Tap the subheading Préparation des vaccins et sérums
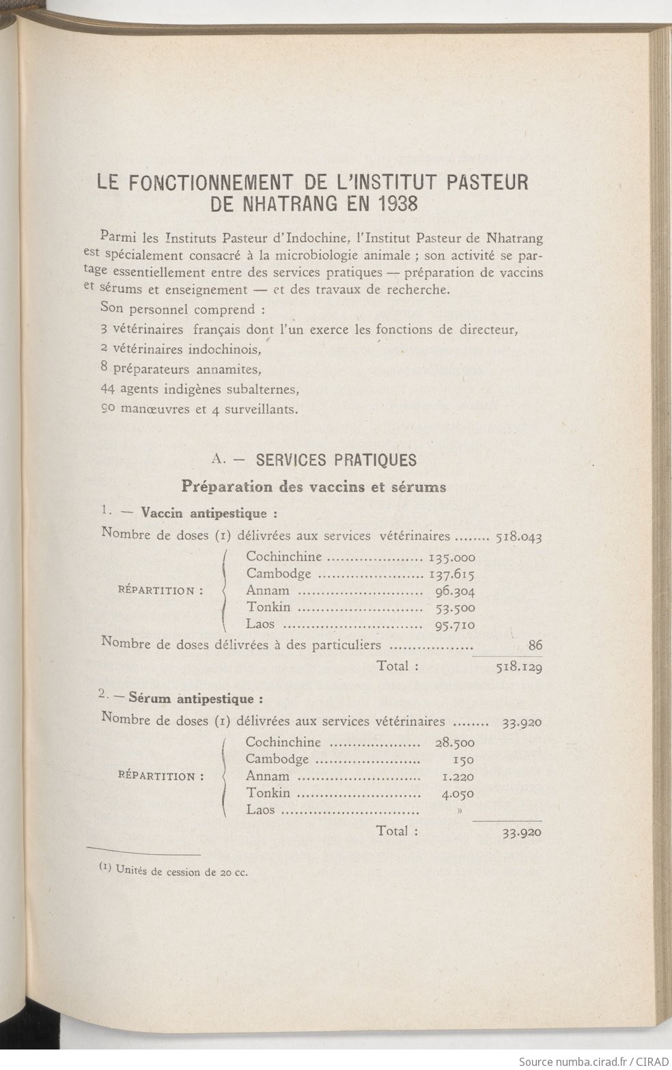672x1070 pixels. click(313, 487)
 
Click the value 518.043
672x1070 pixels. click(518, 537)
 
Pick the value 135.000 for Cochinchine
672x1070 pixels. click(451, 558)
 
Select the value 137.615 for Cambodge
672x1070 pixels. click(451, 575)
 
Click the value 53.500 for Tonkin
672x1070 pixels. click(455, 608)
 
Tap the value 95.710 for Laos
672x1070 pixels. click(455, 625)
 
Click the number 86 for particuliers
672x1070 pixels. click(535, 644)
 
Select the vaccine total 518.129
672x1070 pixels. click(519, 668)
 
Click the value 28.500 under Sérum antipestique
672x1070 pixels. click(455, 743)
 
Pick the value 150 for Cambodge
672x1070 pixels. click(463, 760)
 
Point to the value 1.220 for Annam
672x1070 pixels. click(458, 777)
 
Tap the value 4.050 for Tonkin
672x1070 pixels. click(458, 794)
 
